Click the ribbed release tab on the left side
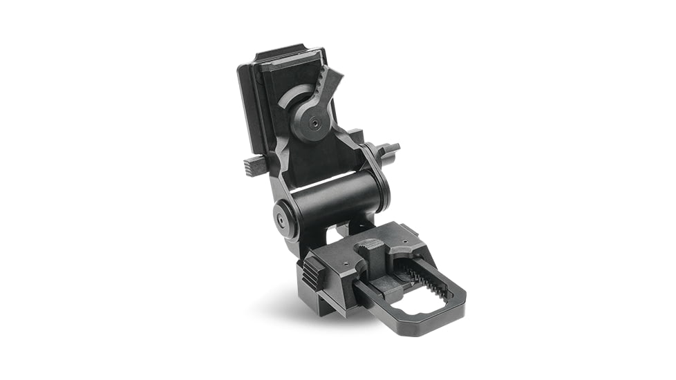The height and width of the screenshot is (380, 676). tap(255, 165)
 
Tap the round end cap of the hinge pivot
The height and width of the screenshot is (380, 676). tap(283, 218)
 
